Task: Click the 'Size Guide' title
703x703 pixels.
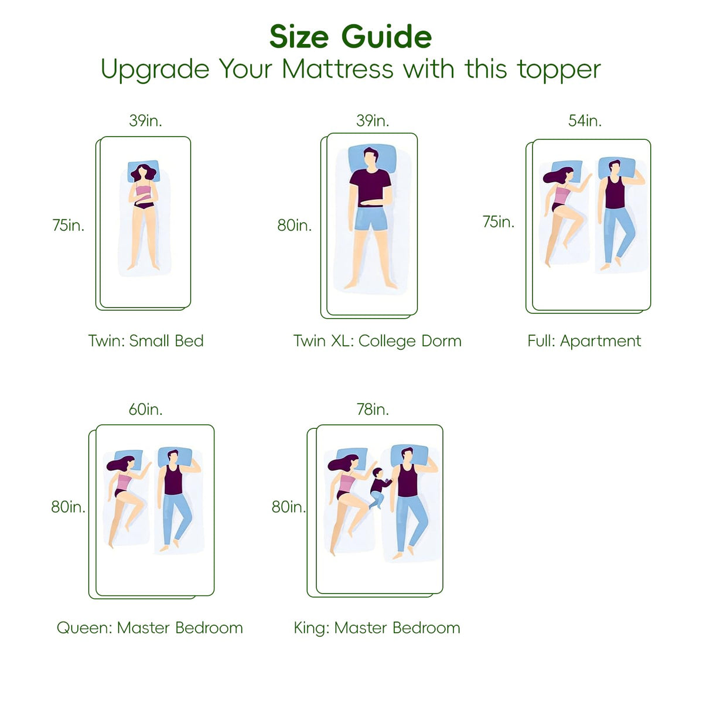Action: point(350,37)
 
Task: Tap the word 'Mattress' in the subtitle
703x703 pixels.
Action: point(337,69)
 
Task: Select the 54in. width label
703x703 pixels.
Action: point(585,121)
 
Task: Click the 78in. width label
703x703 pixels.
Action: point(373,409)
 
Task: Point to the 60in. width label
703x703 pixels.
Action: point(145,409)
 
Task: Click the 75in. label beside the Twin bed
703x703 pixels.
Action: point(68,225)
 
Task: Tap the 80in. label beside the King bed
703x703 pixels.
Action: point(288,507)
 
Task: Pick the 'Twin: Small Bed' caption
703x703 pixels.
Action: point(146,341)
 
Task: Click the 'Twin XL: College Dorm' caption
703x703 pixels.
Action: point(378,341)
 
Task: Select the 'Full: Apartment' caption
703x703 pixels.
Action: point(584,341)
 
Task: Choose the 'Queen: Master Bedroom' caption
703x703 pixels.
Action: point(149,628)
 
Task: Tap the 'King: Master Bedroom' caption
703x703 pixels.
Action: point(377,628)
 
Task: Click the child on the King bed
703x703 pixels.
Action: point(380,488)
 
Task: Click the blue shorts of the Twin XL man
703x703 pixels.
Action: point(371,219)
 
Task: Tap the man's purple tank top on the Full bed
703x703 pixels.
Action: point(616,192)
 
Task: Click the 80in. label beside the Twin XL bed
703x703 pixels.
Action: point(295,225)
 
